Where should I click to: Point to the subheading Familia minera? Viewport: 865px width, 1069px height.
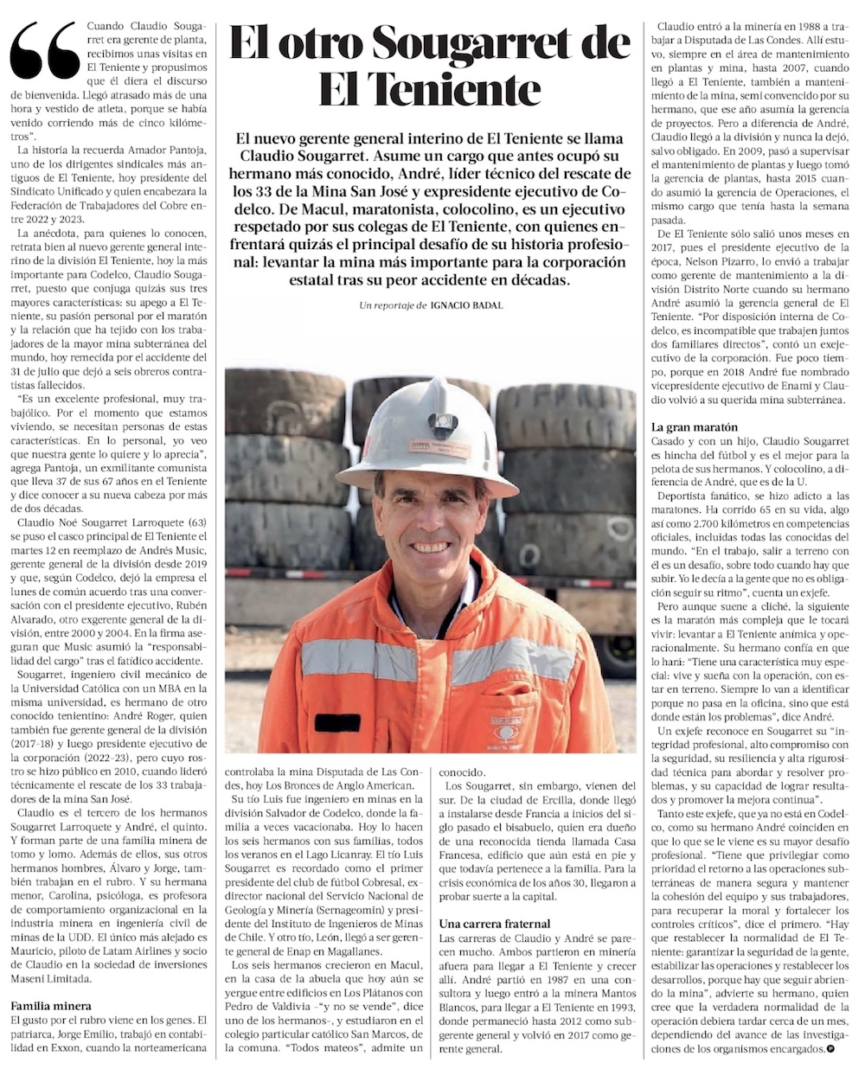pyautogui.click(x=51, y=1006)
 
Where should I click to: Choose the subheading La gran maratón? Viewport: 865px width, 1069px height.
pyautogui.click(x=693, y=427)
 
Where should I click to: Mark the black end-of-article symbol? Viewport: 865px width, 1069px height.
pyautogui.click(x=830, y=1049)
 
